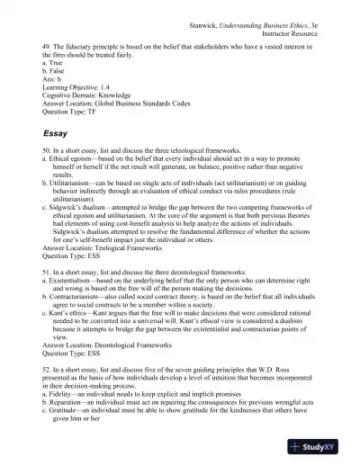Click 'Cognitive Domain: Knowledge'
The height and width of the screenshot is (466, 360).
(90, 97)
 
